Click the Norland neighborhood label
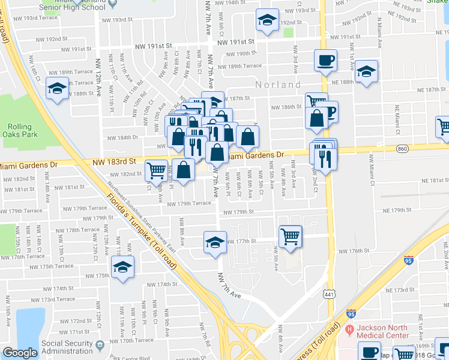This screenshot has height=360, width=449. tap(278, 85)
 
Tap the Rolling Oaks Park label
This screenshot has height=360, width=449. tap(23, 130)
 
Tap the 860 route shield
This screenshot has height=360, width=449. tap(402, 148)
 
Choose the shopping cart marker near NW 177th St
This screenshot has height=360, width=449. tap(291, 235)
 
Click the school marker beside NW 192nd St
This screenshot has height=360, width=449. tap(267, 19)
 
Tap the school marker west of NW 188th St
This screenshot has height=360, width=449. tap(57, 88)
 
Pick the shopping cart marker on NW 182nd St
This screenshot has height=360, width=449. tap(156, 170)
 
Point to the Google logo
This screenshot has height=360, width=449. tap(20, 353)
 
